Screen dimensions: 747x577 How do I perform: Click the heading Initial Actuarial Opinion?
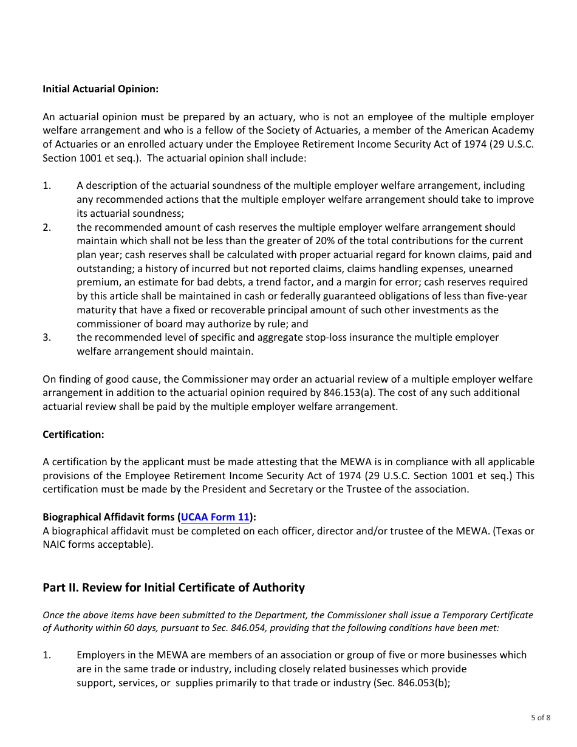100,89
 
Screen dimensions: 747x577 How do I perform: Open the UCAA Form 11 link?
215,517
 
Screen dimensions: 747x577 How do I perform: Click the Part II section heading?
174,587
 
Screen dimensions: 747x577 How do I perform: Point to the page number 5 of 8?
541,717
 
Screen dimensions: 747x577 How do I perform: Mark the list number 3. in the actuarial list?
47,337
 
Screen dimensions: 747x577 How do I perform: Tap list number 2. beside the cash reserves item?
47,227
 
